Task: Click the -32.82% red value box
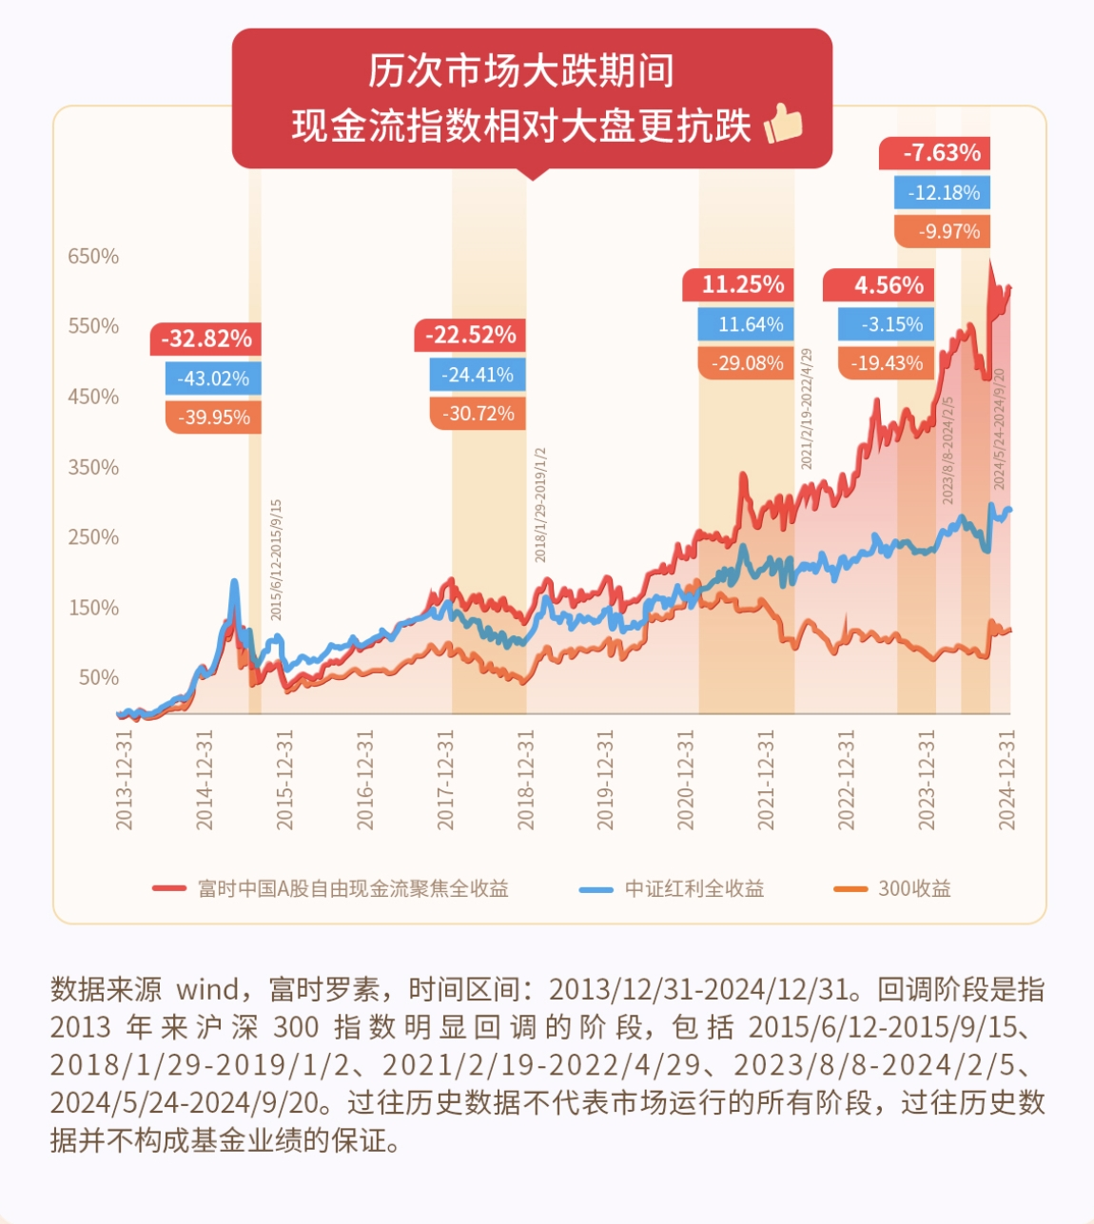(x=205, y=340)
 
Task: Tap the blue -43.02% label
(x=213, y=379)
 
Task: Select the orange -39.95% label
(x=213, y=418)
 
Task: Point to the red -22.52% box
(x=470, y=336)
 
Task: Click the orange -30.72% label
(x=478, y=414)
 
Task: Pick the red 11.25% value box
(x=743, y=285)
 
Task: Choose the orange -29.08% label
(x=748, y=363)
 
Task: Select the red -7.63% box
(x=940, y=153)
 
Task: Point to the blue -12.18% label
(x=943, y=193)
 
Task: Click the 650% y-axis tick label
(x=93, y=257)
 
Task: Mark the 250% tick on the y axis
(x=93, y=537)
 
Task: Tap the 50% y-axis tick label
(x=99, y=678)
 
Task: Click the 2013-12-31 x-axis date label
(x=125, y=780)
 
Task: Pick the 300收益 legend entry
(x=892, y=889)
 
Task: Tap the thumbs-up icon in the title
(x=783, y=124)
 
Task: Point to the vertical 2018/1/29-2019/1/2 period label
(x=540, y=504)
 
